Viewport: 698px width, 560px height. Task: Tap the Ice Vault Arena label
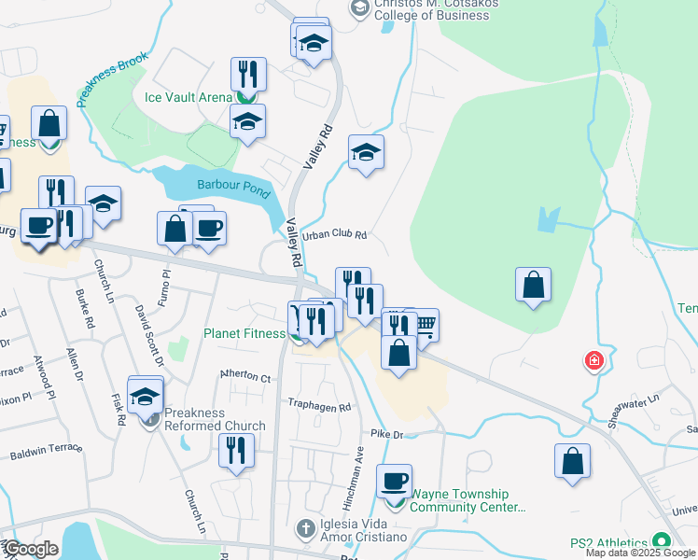point(188,96)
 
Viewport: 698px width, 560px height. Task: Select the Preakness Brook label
point(112,81)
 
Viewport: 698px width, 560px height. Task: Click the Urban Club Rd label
point(331,235)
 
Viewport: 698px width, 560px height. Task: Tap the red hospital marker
point(592,360)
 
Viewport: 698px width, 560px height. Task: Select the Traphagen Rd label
point(319,407)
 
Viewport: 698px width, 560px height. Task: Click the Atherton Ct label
point(244,377)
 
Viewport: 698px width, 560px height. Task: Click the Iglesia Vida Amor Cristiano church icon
point(303,529)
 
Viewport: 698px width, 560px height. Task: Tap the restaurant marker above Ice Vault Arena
point(249,74)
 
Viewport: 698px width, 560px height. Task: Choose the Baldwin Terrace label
point(46,454)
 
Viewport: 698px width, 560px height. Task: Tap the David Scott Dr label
point(148,333)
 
